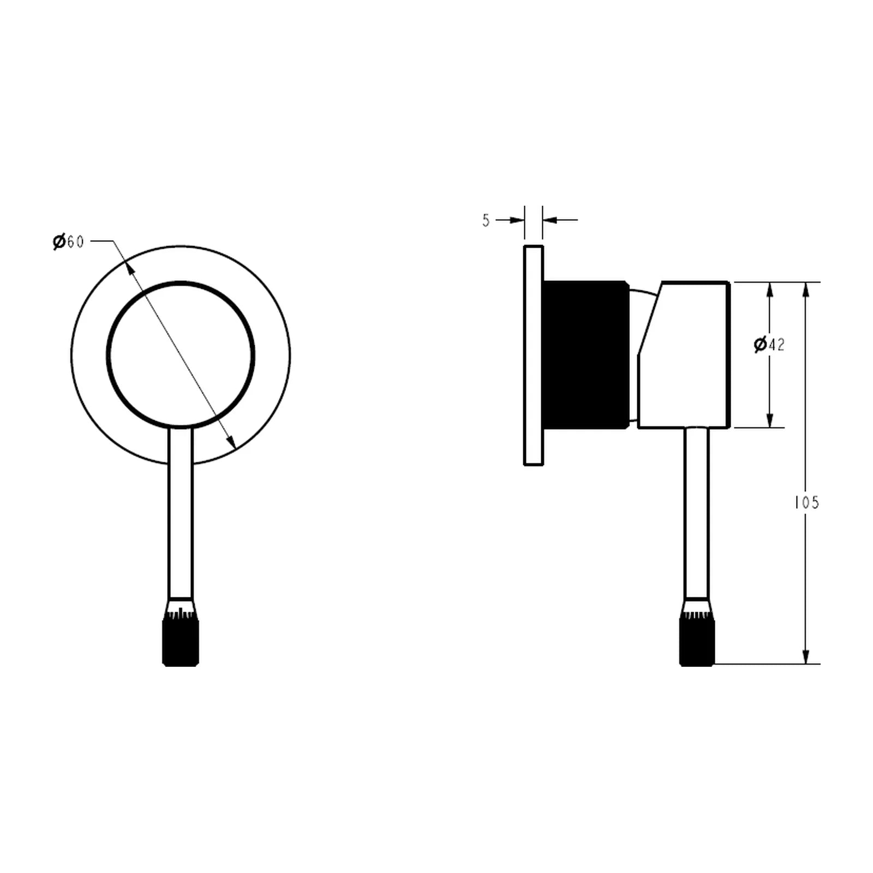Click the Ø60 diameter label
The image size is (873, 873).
(x=68, y=241)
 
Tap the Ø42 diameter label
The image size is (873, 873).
(x=769, y=344)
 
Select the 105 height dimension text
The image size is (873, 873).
(x=806, y=503)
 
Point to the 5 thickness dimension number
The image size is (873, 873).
(x=486, y=220)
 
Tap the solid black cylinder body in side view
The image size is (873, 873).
(x=587, y=355)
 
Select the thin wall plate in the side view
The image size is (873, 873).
(x=534, y=355)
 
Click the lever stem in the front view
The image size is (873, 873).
(x=181, y=513)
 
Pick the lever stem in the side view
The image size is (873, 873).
(x=697, y=513)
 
